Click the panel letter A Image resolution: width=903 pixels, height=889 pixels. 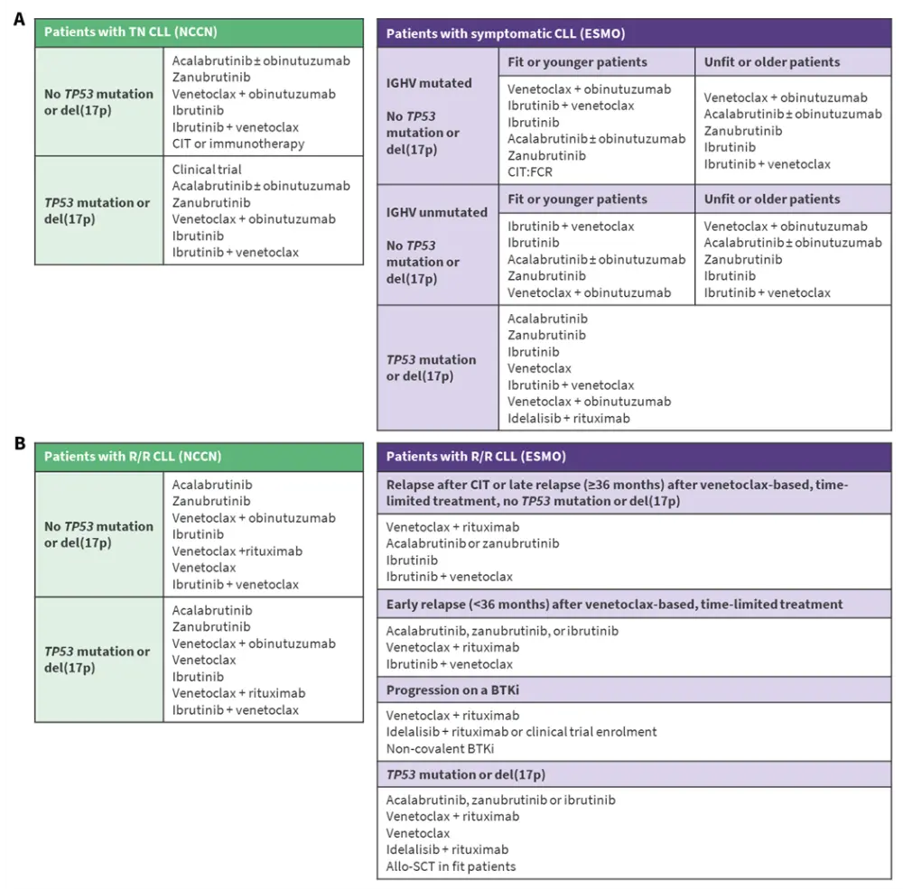(18, 19)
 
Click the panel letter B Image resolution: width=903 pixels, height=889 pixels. (18, 444)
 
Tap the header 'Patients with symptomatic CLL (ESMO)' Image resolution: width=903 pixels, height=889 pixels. (506, 33)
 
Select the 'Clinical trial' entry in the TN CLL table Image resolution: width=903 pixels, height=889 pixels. (207, 169)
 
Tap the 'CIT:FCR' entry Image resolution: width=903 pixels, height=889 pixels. (534, 172)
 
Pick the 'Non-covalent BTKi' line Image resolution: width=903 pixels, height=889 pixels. (440, 748)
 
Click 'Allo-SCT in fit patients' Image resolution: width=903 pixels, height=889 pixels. (451, 866)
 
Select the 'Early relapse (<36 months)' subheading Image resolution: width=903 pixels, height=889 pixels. (614, 604)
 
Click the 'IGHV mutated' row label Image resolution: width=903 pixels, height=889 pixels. (429, 83)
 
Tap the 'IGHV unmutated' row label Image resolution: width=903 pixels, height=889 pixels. (436, 212)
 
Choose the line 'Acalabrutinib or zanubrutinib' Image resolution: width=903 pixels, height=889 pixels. (472, 543)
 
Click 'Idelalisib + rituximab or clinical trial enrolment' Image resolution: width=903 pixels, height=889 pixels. (521, 731)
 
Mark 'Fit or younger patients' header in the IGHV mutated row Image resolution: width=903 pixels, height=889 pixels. (577, 62)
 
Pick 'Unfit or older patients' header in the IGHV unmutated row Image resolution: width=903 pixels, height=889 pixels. (772, 199)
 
